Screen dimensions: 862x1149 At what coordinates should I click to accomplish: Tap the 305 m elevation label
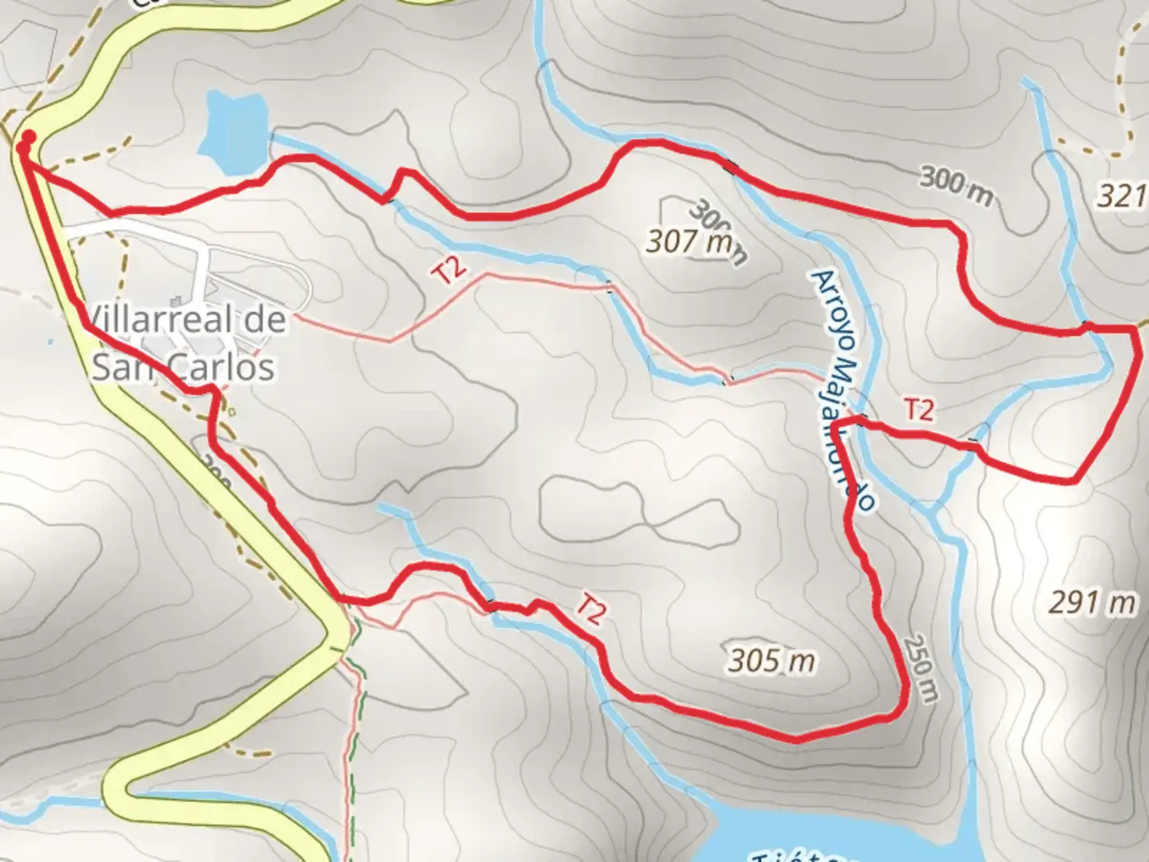pyautogui.click(x=772, y=660)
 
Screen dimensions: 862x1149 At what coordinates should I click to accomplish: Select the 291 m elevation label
pyautogui.click(x=1091, y=603)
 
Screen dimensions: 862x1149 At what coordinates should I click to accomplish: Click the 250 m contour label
pyautogui.click(x=920, y=669)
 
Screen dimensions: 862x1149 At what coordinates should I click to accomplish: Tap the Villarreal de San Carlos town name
pyautogui.click(x=184, y=344)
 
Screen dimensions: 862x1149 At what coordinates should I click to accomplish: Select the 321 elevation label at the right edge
pyautogui.click(x=1122, y=196)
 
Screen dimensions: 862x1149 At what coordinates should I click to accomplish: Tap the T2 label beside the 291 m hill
pyautogui.click(x=918, y=409)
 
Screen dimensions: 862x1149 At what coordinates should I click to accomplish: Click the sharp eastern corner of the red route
pyautogui.click(x=1136, y=329)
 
